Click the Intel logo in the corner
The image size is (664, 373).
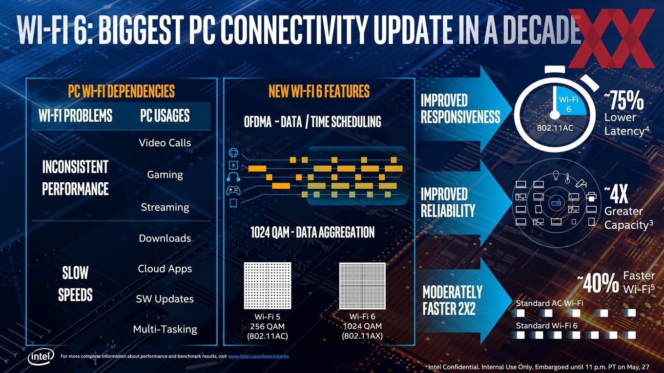(x=41, y=357)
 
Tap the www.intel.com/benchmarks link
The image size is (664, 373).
(x=258, y=356)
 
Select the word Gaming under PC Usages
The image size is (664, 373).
(x=165, y=175)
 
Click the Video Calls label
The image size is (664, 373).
(x=165, y=143)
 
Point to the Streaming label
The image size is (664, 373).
(x=165, y=207)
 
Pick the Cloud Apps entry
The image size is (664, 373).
(x=165, y=269)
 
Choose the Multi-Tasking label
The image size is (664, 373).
(x=165, y=329)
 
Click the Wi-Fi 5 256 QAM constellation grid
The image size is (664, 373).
(x=268, y=286)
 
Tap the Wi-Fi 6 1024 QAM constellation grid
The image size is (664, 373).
(x=362, y=286)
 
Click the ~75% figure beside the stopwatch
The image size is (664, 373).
(x=624, y=101)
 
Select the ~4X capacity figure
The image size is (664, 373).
(x=617, y=195)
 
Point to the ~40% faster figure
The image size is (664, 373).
(x=598, y=283)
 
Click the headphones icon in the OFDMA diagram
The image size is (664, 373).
(x=233, y=177)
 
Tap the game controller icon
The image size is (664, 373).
(x=233, y=190)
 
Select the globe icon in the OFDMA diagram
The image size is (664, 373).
(x=233, y=153)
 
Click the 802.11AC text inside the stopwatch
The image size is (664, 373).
(x=555, y=128)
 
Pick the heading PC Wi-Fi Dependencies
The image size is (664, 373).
(x=121, y=91)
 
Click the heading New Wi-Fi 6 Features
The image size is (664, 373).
(x=319, y=91)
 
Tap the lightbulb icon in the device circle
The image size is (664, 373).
(x=556, y=175)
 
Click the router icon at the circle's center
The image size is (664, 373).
(x=555, y=203)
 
